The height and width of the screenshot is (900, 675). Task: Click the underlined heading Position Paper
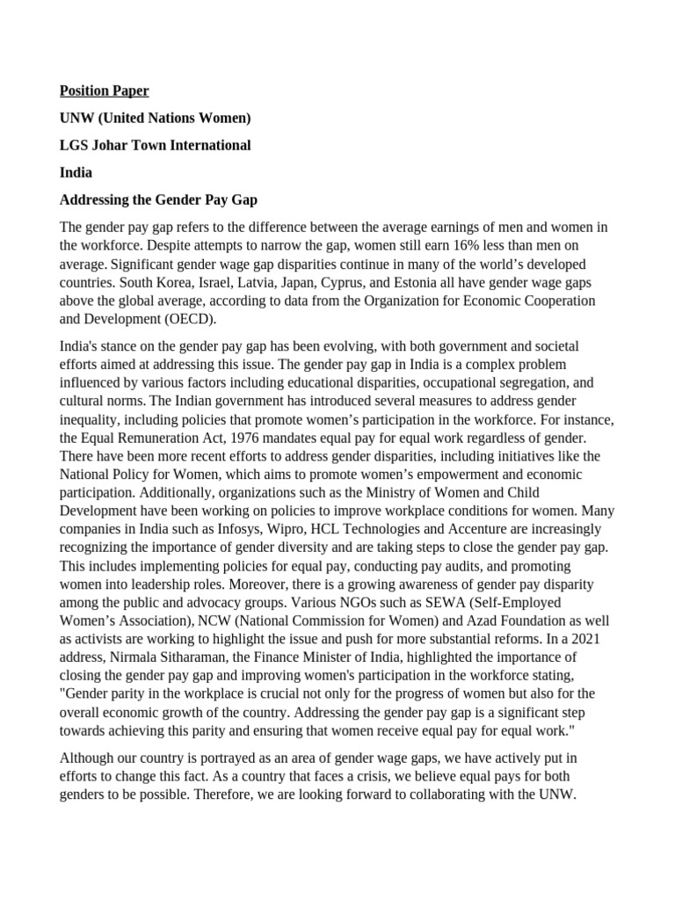(104, 91)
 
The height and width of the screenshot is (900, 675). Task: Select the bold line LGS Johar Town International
(155, 145)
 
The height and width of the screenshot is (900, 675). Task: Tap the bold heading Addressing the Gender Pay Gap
(158, 200)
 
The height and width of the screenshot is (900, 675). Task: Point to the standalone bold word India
(76, 172)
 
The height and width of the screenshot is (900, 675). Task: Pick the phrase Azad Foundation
(517, 621)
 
